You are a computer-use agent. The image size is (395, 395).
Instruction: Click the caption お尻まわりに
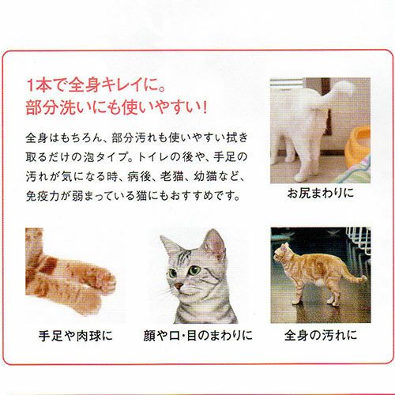click(320, 194)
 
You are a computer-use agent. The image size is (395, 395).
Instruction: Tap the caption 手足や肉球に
click(75, 336)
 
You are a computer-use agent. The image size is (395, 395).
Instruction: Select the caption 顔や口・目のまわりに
click(197, 336)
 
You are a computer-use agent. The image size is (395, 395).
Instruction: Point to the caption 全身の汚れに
click(321, 335)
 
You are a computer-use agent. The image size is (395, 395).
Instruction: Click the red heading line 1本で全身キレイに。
click(96, 85)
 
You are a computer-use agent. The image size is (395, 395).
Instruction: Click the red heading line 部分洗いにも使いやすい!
click(116, 107)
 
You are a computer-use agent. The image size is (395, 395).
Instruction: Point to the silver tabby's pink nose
click(179, 286)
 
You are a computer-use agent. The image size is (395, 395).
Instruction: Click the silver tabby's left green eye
click(172, 273)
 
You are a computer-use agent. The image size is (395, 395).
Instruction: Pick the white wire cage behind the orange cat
click(359, 246)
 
